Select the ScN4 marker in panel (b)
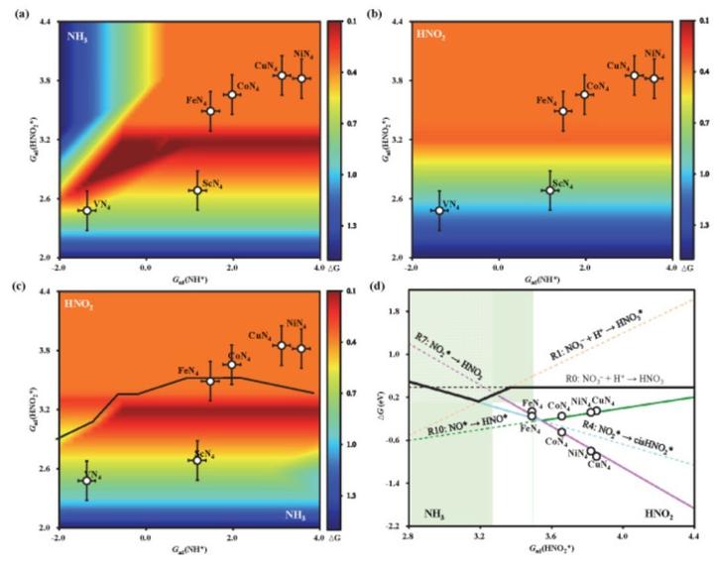pos(549,190)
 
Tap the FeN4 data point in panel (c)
pos(210,381)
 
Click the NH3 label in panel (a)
pos(78,38)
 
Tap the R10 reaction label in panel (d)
pos(455,430)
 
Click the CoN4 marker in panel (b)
pos(584,94)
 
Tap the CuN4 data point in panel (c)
pos(281,345)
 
